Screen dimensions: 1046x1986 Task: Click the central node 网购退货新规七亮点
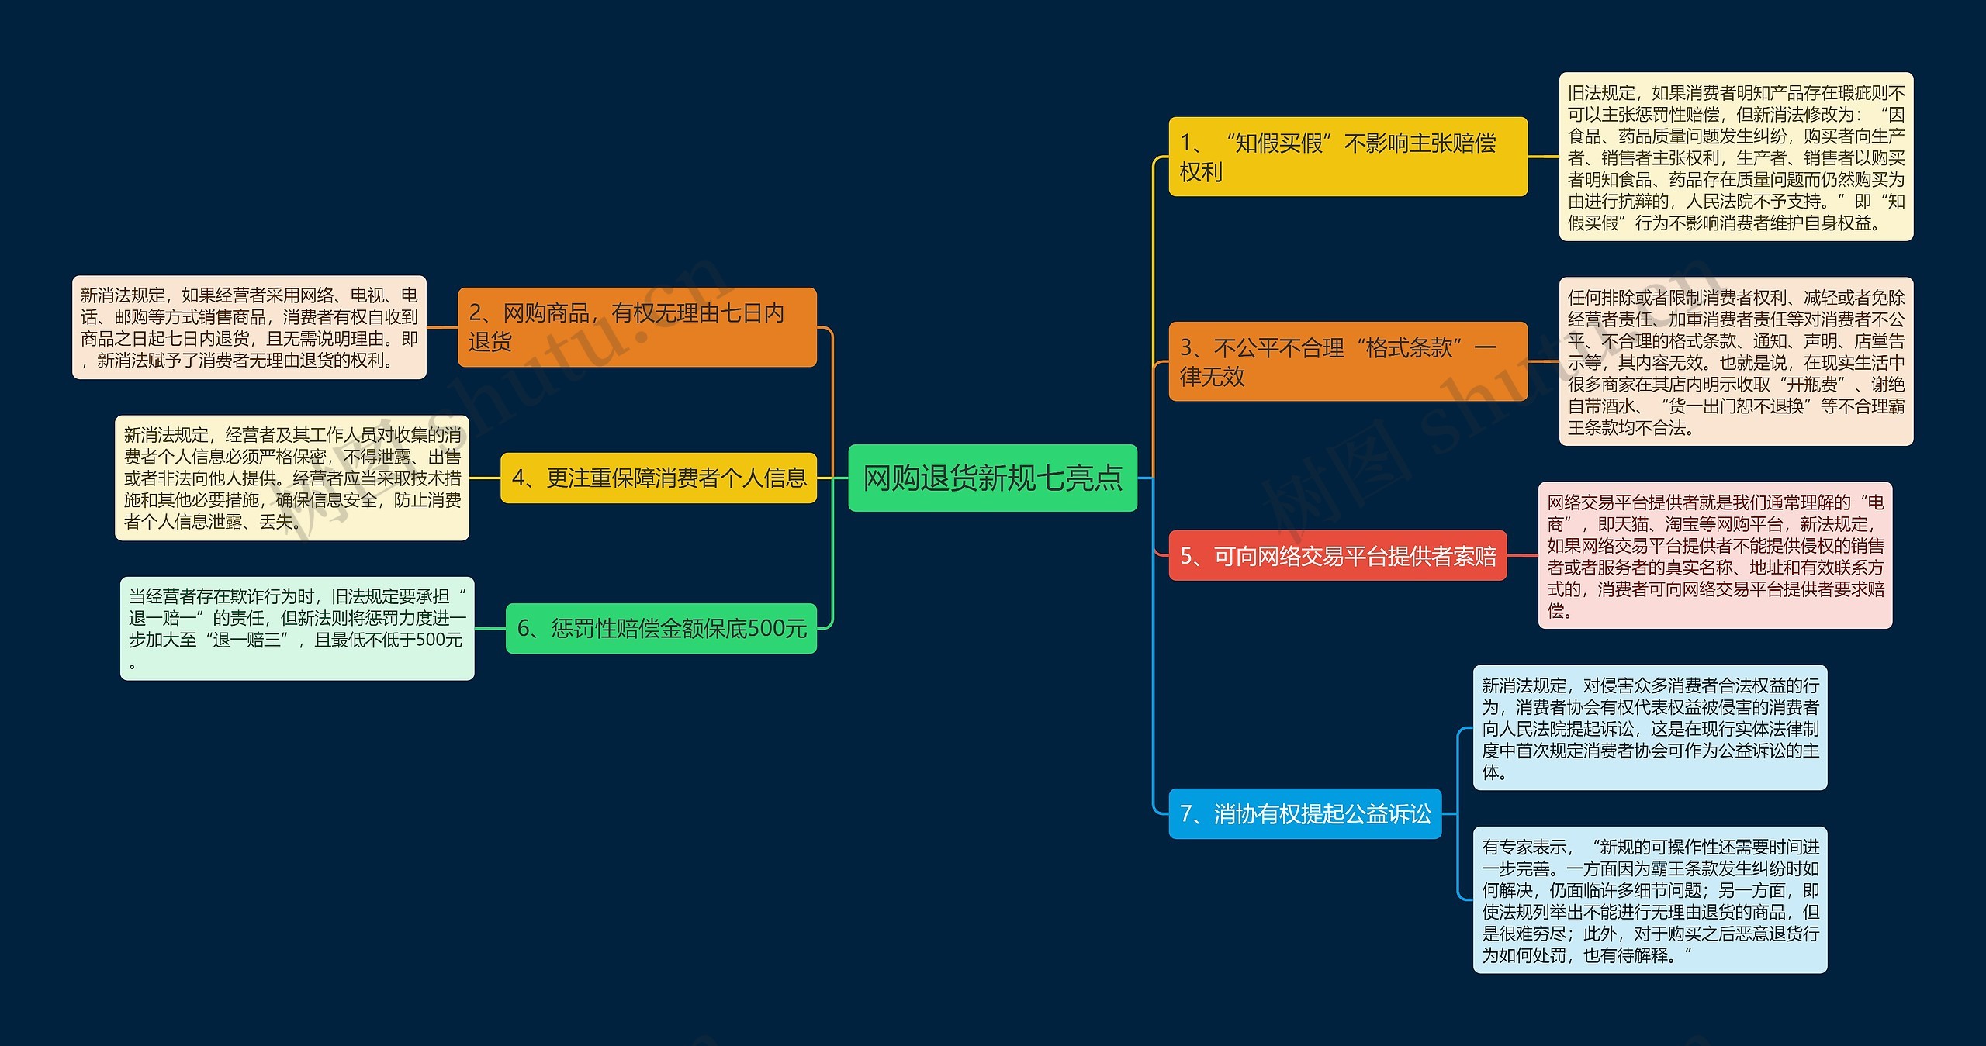(992, 478)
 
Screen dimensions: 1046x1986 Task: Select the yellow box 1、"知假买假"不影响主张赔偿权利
(1348, 157)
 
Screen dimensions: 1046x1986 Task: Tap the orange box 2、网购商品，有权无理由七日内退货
(637, 327)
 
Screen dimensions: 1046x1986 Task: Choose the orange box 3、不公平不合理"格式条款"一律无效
(1348, 361)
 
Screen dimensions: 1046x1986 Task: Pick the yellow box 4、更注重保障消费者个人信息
(659, 478)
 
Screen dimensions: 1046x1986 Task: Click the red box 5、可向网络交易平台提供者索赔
(1337, 555)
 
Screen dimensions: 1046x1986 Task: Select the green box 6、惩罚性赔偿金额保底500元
(661, 628)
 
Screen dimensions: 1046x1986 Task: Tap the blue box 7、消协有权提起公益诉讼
(1305, 813)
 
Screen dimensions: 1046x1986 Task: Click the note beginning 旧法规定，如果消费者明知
(1736, 157)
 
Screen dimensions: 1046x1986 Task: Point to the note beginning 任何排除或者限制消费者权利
(1736, 361)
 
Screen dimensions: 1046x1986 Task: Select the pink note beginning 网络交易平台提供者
(1715, 555)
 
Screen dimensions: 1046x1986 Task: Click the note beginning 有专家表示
(1650, 899)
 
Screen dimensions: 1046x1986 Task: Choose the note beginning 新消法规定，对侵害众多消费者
(1650, 727)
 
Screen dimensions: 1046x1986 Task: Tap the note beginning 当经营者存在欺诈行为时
(297, 628)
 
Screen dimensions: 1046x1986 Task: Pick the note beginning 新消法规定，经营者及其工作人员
(292, 478)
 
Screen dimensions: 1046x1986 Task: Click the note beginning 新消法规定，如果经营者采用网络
(249, 327)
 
